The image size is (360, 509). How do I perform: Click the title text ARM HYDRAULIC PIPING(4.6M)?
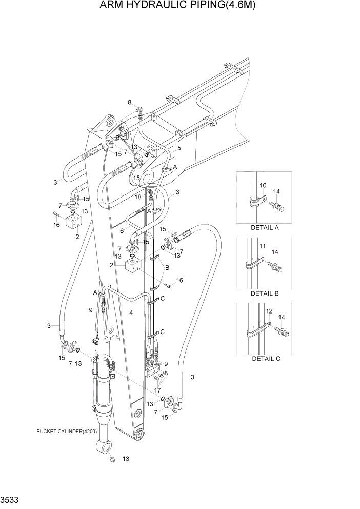click(180, 6)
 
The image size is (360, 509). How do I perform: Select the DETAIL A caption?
click(265, 228)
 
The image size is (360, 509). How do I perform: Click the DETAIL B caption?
click(265, 293)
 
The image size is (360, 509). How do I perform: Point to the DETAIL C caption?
click(265, 359)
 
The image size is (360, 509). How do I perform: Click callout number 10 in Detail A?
click(263, 185)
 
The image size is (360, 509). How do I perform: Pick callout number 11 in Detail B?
click(262, 247)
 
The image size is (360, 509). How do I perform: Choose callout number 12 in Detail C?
click(269, 311)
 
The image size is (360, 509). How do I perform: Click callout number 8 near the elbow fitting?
click(129, 102)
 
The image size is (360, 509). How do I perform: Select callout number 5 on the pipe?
click(179, 148)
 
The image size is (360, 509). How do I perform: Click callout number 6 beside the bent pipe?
click(121, 232)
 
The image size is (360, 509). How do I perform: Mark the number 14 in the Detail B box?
click(274, 252)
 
